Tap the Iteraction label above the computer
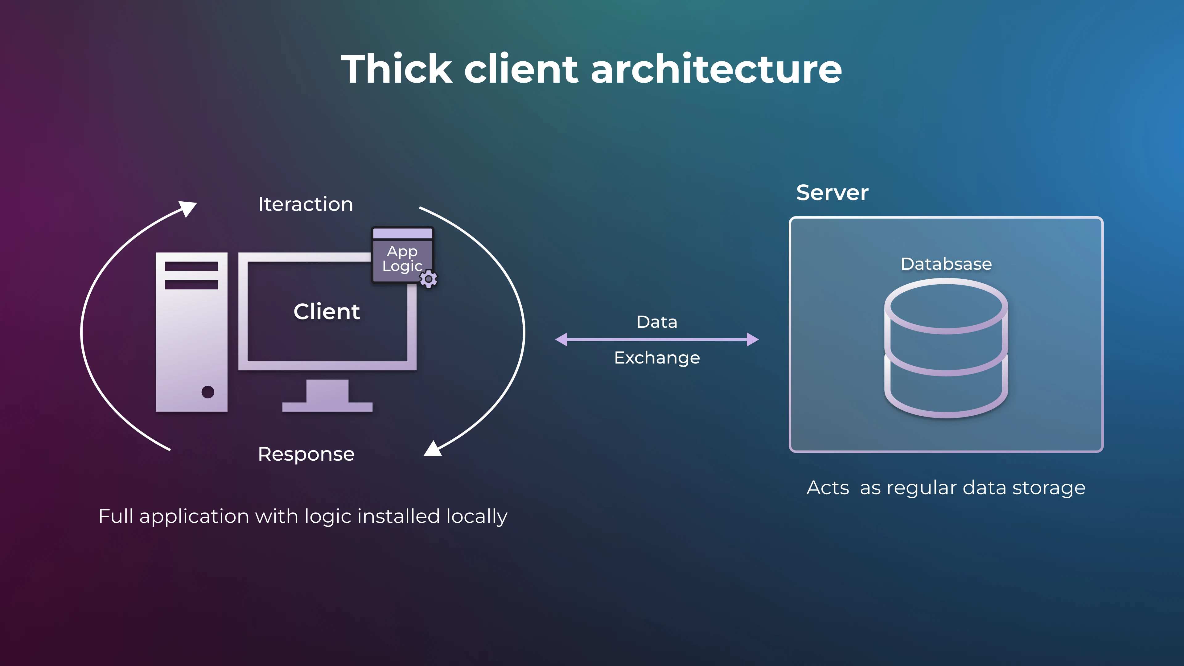click(x=306, y=204)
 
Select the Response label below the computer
click(x=306, y=454)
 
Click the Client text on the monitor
click(x=327, y=312)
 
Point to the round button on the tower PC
click(x=208, y=392)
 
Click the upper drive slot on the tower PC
click(x=191, y=267)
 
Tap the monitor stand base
click(x=327, y=407)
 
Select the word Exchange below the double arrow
click(x=657, y=358)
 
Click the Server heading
click(x=832, y=193)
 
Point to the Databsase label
click(x=946, y=264)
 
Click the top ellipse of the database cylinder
click(x=946, y=306)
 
